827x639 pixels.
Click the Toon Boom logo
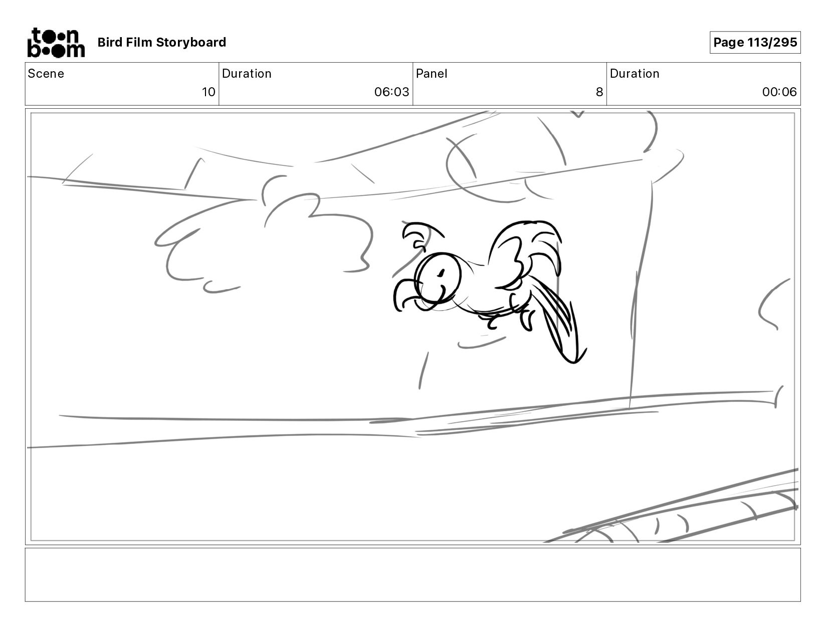click(x=56, y=43)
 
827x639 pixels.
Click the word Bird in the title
click(x=110, y=42)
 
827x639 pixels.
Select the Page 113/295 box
click(x=755, y=42)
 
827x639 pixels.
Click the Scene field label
click(x=46, y=74)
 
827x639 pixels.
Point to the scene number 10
click(x=209, y=92)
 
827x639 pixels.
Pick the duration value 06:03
click(x=391, y=92)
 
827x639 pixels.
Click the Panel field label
click(x=432, y=74)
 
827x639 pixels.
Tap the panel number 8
click(x=599, y=92)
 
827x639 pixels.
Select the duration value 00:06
click(x=779, y=92)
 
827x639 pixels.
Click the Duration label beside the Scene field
click(x=247, y=74)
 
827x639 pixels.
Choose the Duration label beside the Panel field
click(x=635, y=74)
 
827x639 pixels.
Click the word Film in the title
click(x=139, y=42)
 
